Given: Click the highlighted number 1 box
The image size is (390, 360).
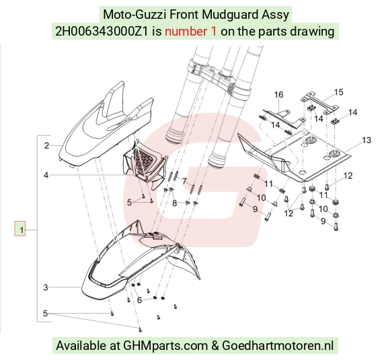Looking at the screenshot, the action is coord(19,228).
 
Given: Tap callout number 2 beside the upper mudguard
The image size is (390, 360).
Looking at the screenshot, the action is coord(47,146).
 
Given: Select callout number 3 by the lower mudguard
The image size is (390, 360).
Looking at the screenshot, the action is coord(46,287).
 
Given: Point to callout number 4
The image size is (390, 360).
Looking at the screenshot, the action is coord(46,175).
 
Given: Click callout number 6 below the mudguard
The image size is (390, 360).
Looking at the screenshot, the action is coord(140,300).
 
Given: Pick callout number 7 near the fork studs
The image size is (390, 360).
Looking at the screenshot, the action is coord(184,181).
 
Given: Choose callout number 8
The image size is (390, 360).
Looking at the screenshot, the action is coord(175,204).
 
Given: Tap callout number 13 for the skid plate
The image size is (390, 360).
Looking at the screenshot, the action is coord(366,140).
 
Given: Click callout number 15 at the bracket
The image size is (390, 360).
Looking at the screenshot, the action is coord(338,93).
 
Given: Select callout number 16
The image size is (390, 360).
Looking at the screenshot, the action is coord(278,95).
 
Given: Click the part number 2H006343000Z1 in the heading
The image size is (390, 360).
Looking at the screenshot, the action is coord(102,32).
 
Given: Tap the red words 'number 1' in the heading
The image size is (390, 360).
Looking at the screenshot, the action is coord(190,32).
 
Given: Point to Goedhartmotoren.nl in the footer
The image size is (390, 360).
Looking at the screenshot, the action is coord(278,345).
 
